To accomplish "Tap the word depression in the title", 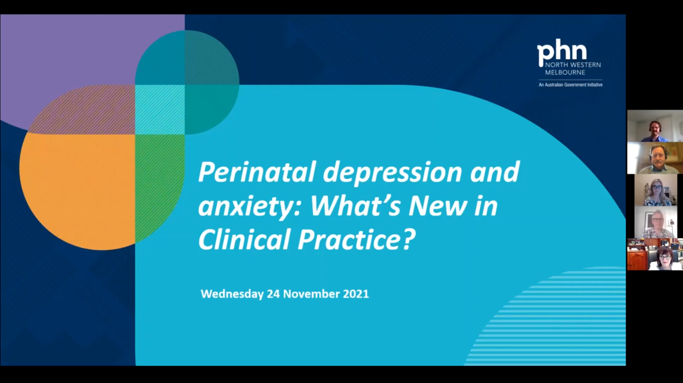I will click(x=392, y=173).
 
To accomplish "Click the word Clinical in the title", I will click(x=243, y=239).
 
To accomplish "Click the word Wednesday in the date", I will click(x=232, y=294).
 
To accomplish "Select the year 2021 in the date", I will click(x=356, y=294).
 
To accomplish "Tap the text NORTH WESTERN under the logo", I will click(x=573, y=65).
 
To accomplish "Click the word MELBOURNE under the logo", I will click(x=565, y=72).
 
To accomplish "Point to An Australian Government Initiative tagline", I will click(x=570, y=85).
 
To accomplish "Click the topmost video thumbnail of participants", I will click(x=655, y=126).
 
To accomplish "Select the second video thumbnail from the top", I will click(x=655, y=158).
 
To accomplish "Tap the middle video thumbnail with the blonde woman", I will click(x=656, y=190).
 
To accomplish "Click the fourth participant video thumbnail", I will click(x=656, y=222).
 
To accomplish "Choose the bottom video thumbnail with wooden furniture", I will click(x=655, y=254).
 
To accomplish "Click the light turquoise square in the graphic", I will click(x=160, y=109).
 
